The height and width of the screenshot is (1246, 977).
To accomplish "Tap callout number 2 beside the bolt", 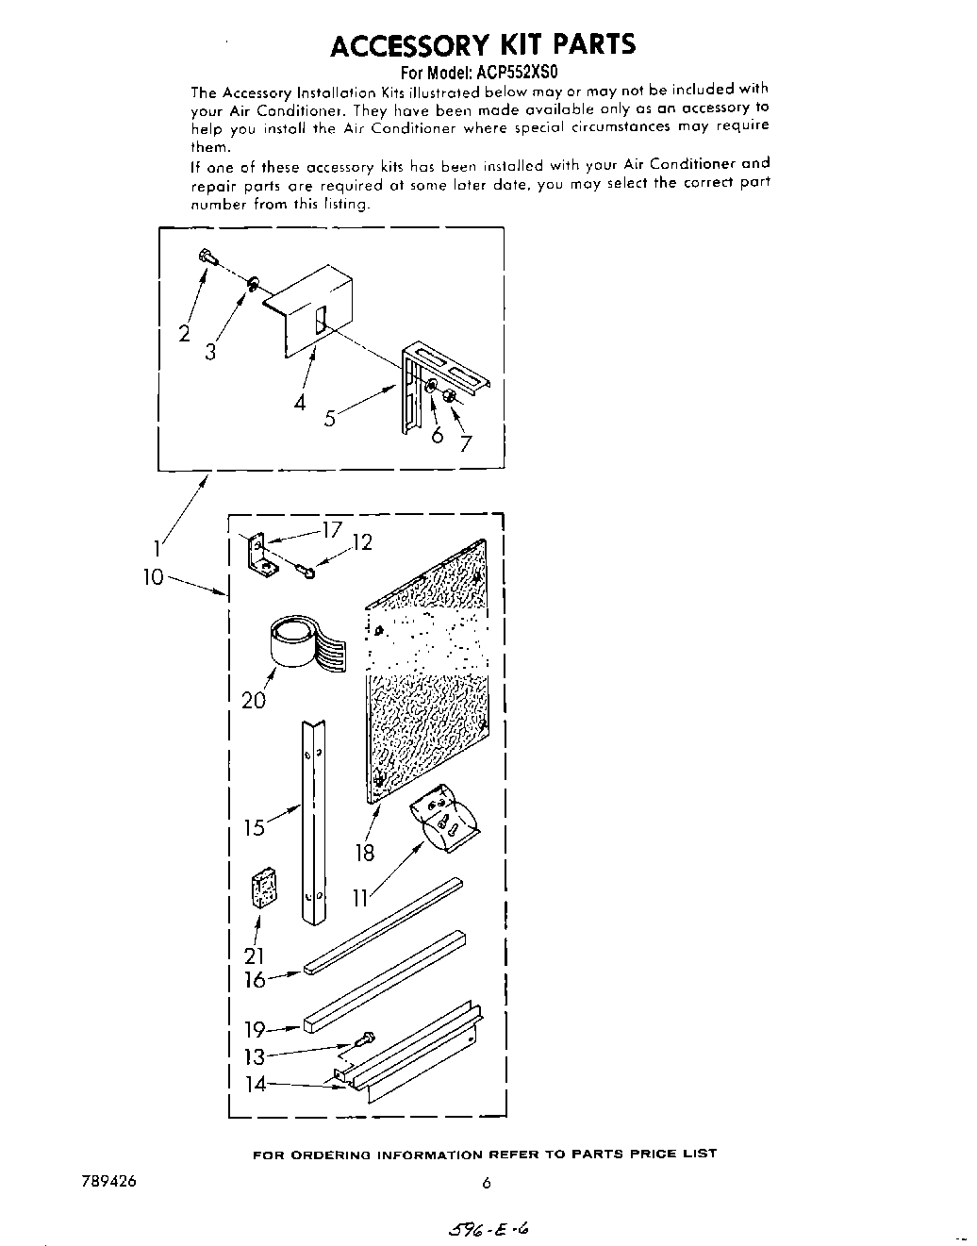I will [185, 333].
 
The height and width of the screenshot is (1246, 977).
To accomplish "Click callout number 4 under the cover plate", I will [300, 402].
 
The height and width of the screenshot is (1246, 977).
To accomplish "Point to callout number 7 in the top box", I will [465, 444].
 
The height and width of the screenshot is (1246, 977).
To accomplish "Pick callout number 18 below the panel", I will [364, 853].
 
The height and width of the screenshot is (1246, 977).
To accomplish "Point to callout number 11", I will [359, 898].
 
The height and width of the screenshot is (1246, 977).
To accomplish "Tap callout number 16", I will [255, 980].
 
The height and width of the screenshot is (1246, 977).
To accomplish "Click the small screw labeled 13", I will [364, 1041].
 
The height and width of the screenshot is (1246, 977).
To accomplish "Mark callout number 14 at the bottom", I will [255, 1084].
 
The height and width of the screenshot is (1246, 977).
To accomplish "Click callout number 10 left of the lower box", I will [154, 576].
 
